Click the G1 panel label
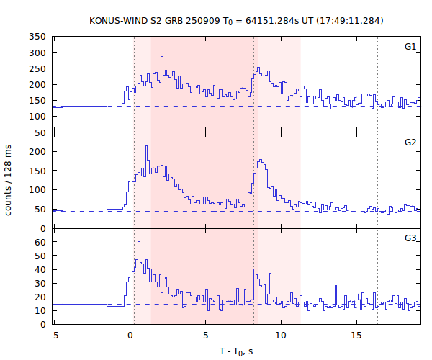pyautogui.click(x=410, y=47)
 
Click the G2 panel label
pyautogui.click(x=410, y=143)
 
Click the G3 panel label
pyautogui.click(x=410, y=238)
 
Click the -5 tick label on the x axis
pyautogui.click(x=53, y=335)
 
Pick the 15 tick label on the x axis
pyautogui.click(x=356, y=335)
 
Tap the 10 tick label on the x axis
pyautogui.click(x=280, y=335)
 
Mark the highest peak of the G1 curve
pyautogui.click(x=162, y=57)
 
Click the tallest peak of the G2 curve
pyautogui.click(x=146, y=146)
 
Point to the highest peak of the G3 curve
pyautogui.click(x=138, y=242)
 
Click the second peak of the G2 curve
pyautogui.click(x=261, y=161)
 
